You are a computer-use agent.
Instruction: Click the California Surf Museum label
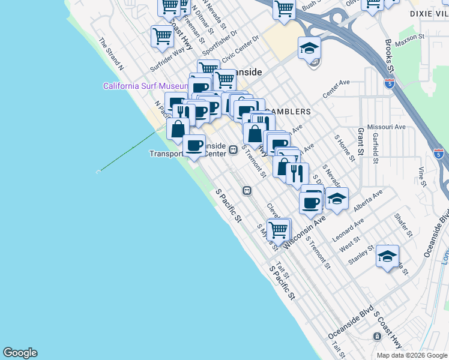click(x=146, y=86)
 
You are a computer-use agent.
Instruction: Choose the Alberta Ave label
click(x=367, y=202)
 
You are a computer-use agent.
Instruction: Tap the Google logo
click(x=20, y=353)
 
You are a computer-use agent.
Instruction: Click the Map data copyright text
click(x=412, y=355)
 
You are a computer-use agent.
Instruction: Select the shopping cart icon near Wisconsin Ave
click(x=279, y=229)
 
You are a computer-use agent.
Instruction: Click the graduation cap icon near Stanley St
click(x=388, y=256)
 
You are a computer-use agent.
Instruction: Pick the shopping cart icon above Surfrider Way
click(x=162, y=36)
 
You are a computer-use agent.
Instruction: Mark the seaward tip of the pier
click(x=98, y=172)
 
